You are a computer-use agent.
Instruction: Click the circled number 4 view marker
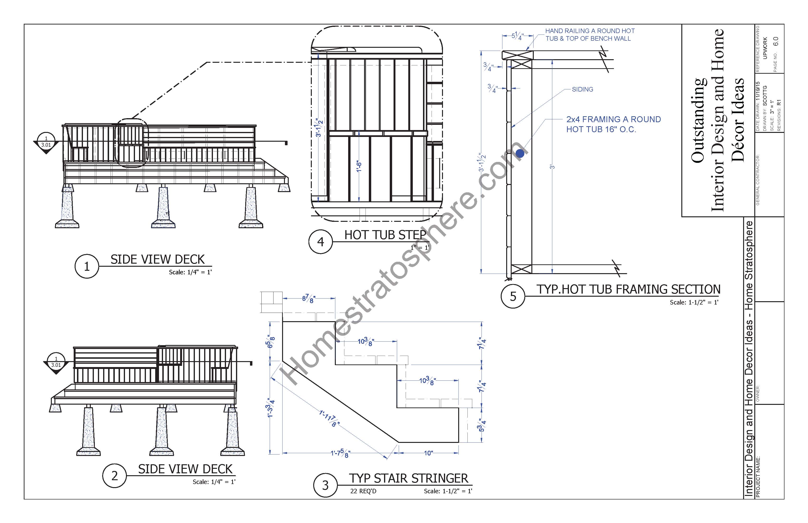(321, 242)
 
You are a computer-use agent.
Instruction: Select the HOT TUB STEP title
(385, 235)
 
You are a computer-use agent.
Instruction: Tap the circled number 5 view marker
(513, 296)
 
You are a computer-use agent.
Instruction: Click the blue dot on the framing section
(520, 154)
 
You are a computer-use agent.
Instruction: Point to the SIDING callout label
(582, 89)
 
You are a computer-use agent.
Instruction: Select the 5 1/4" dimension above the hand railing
(518, 36)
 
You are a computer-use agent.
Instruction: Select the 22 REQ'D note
(363, 491)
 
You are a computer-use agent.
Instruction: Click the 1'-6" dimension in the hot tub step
(359, 166)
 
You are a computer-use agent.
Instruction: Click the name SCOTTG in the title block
(765, 95)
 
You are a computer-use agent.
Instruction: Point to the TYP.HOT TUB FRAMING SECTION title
(628, 289)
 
